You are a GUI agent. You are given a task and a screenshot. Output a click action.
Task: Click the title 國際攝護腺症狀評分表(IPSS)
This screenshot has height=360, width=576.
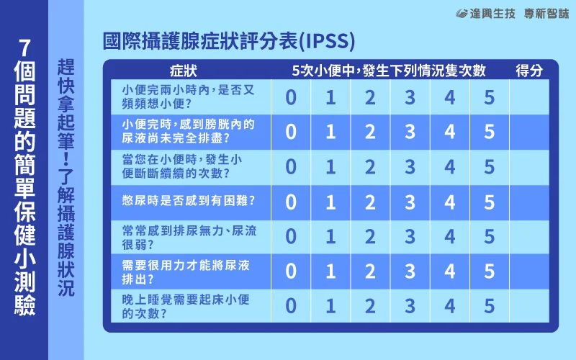(229, 41)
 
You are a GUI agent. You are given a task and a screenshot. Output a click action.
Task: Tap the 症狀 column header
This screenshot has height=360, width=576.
(184, 71)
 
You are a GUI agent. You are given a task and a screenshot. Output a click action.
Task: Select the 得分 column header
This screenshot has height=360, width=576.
(529, 71)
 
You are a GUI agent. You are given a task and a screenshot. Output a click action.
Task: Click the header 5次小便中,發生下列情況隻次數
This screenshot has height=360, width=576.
(389, 71)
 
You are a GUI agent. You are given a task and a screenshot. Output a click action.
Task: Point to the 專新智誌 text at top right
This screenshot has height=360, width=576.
(546, 14)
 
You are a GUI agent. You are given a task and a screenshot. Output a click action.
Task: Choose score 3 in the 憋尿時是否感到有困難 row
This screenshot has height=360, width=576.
(410, 202)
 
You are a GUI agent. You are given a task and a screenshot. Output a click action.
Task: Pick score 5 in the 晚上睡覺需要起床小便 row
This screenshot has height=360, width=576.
(490, 306)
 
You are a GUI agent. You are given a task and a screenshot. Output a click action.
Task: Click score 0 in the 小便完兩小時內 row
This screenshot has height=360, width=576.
(291, 97)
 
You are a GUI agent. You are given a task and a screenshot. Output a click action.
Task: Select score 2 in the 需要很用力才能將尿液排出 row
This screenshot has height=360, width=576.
(370, 271)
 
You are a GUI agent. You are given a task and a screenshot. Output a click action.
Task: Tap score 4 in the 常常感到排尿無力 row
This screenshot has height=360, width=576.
(449, 237)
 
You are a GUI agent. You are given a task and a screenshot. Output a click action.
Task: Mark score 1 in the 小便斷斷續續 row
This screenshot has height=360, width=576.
(330, 167)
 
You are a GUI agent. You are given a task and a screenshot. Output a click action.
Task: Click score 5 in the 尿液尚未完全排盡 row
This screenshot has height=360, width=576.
(490, 132)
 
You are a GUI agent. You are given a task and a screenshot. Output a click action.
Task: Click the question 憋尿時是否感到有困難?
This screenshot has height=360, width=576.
(189, 201)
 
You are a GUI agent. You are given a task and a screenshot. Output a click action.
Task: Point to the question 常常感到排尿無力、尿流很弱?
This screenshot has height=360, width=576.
(189, 238)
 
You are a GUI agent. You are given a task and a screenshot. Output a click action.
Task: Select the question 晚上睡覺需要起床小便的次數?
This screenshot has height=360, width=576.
(186, 307)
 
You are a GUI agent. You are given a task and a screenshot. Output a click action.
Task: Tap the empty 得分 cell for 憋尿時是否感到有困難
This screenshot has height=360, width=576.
(529, 202)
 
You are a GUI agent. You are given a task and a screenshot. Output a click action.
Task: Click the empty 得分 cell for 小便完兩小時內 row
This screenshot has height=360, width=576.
(529, 97)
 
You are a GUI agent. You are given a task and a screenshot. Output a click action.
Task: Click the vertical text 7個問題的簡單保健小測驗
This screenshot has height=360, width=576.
(24, 176)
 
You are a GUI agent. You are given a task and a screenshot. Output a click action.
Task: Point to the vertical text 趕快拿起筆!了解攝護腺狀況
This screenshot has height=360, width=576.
(66, 177)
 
